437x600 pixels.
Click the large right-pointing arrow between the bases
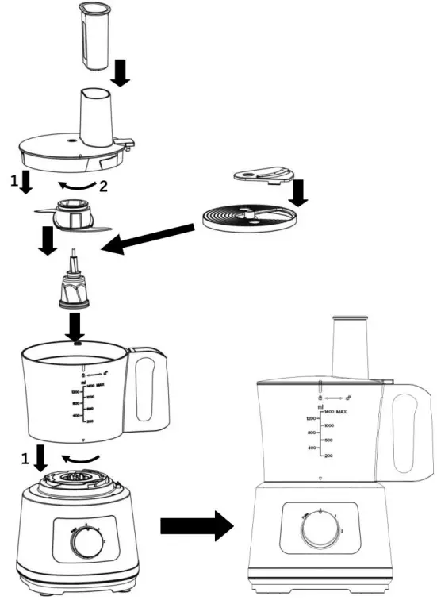pos(194,525)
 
